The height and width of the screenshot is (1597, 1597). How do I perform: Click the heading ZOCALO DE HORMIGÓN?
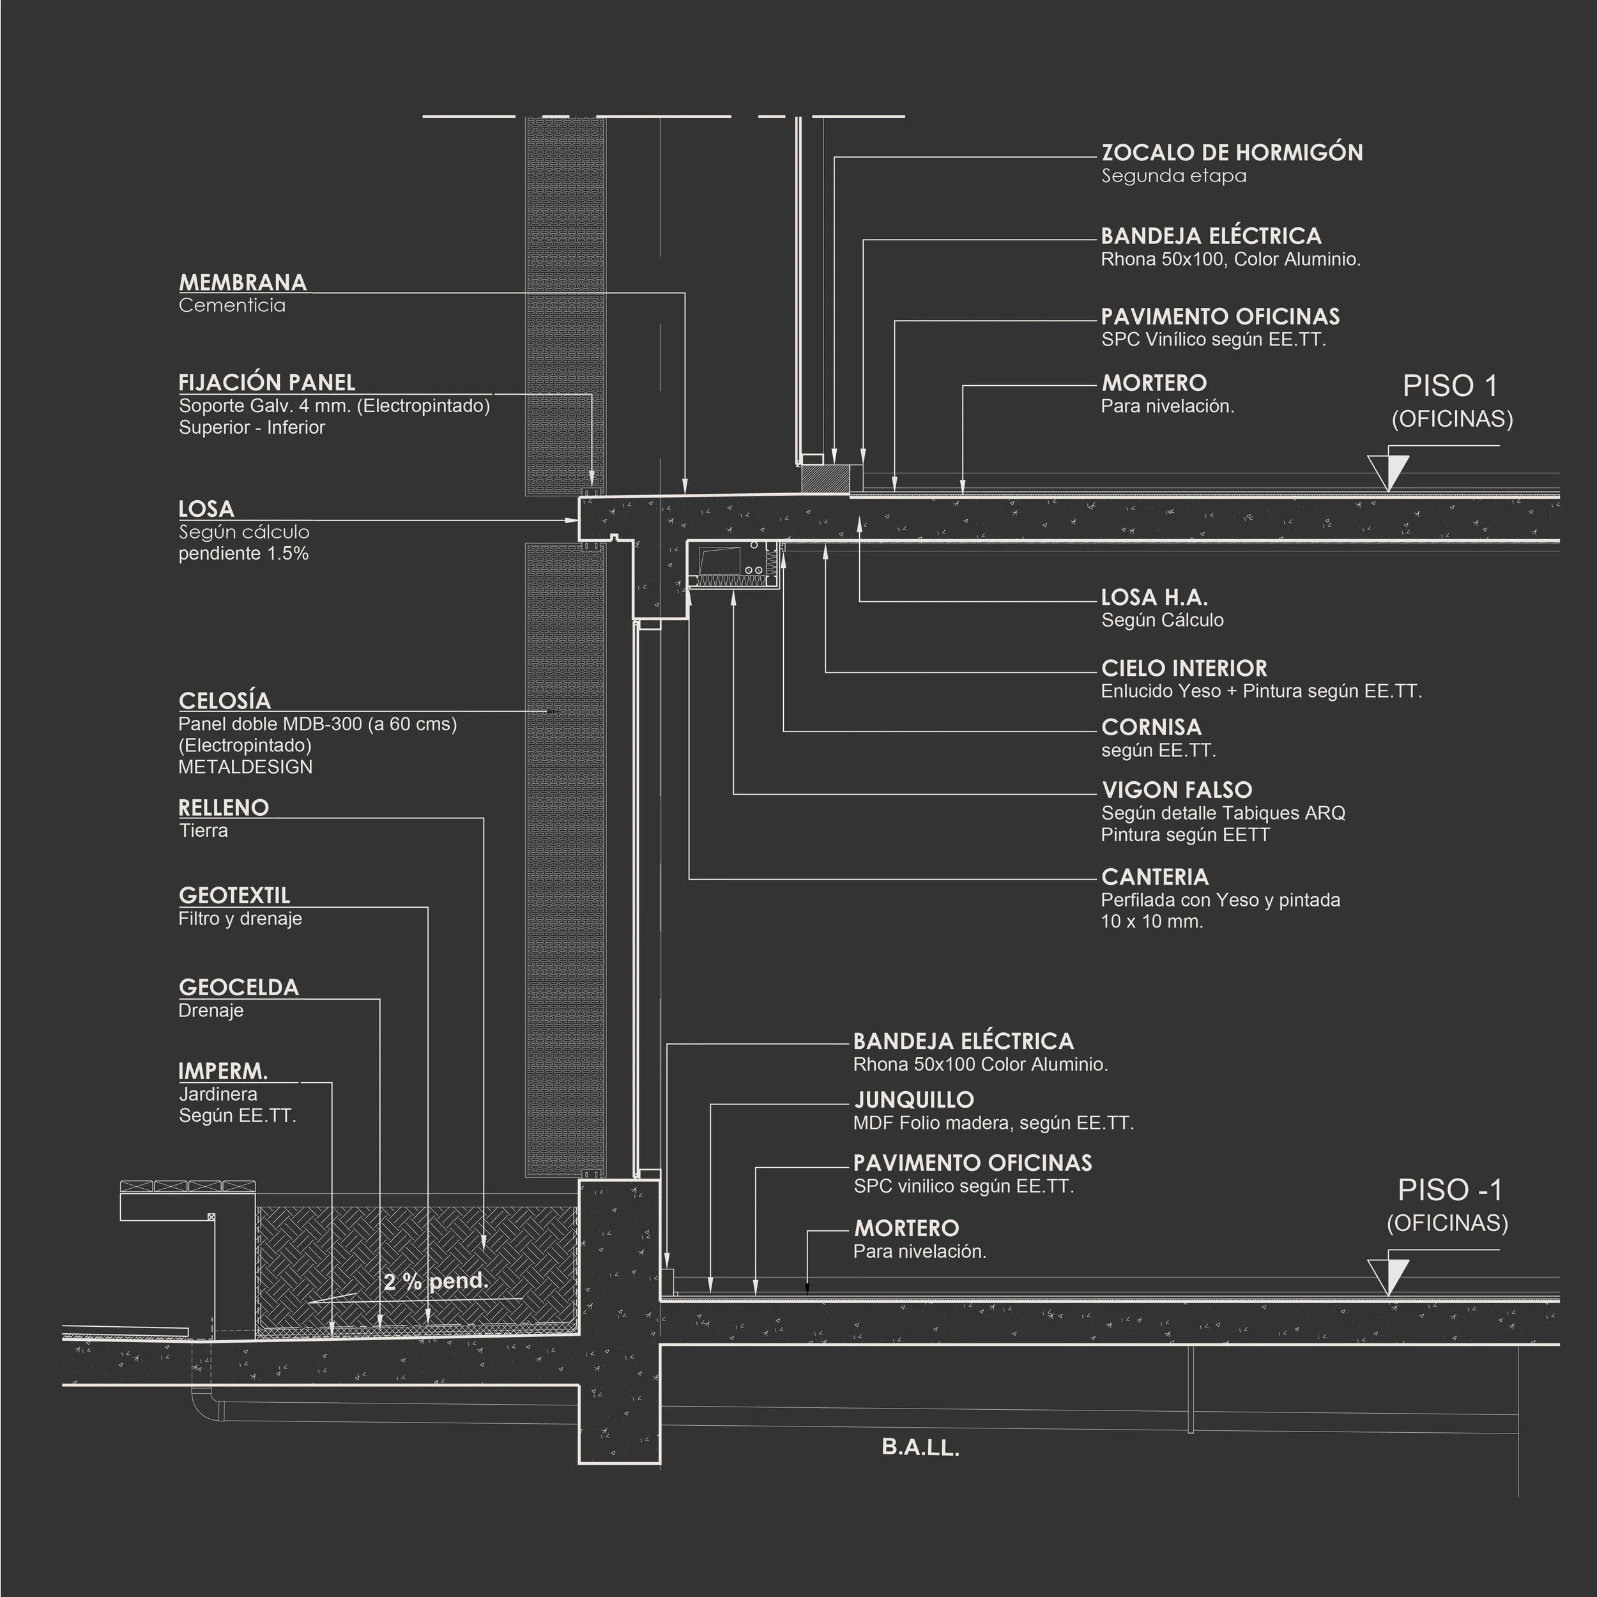pyautogui.click(x=1232, y=153)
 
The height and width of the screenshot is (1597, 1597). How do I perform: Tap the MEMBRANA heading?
pyautogui.click(x=242, y=283)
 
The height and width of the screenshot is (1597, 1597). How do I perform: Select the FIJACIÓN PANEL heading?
pyautogui.click(x=267, y=383)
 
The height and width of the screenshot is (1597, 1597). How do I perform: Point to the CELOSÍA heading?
pyautogui.click(x=225, y=701)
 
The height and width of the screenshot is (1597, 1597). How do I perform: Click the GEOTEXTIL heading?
pyautogui.click(x=234, y=896)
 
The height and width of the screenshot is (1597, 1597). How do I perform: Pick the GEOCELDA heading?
pyautogui.click(x=238, y=988)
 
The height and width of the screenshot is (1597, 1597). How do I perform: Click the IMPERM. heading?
pyautogui.click(x=223, y=1072)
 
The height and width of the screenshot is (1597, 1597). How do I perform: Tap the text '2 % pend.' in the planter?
pyautogui.click(x=436, y=1282)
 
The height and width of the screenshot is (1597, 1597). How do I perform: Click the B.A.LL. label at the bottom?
pyautogui.click(x=920, y=1448)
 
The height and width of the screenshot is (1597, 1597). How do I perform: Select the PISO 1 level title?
pyautogui.click(x=1451, y=386)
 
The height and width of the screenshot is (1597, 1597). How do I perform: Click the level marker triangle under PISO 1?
pyautogui.click(x=1388, y=473)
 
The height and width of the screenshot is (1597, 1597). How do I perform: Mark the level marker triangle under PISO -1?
pyautogui.click(x=1388, y=1277)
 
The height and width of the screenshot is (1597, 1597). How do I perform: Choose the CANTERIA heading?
pyautogui.click(x=1155, y=877)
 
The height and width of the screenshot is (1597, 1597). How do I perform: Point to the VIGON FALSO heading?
pyautogui.click(x=1176, y=790)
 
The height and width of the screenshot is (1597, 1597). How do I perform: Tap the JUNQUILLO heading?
pyautogui.click(x=914, y=1100)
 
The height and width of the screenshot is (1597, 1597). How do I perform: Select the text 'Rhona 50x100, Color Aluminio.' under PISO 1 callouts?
pyautogui.click(x=1230, y=259)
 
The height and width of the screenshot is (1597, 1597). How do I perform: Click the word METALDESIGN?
pyautogui.click(x=245, y=767)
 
